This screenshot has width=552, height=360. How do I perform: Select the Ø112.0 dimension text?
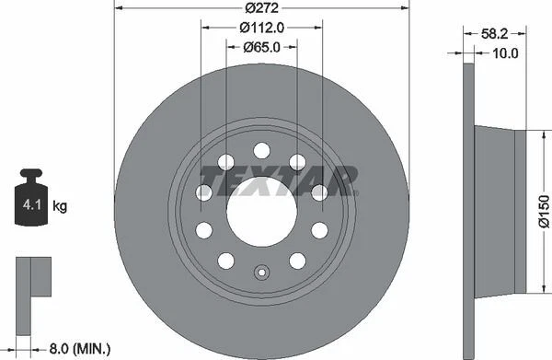click(262, 28)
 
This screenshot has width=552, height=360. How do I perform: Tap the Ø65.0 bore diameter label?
click(262, 47)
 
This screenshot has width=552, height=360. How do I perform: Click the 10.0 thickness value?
click(505, 52)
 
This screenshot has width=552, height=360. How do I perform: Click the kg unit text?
click(60, 207)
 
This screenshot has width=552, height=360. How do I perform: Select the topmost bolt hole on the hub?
click(261, 150)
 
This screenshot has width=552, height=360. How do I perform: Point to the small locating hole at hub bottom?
click(261, 272)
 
